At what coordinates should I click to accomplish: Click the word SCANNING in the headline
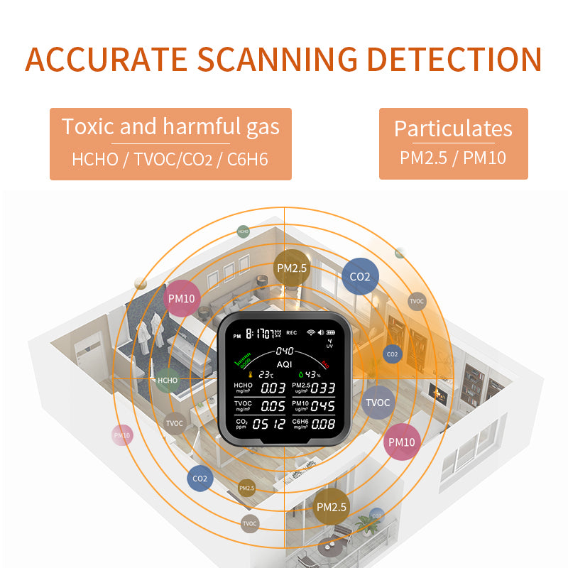(288, 60)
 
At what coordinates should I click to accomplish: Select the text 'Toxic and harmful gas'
(170, 127)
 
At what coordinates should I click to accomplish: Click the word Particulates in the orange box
(453, 129)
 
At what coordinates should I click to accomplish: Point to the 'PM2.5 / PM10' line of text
(453, 158)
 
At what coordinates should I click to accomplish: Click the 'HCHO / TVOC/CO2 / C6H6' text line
(170, 158)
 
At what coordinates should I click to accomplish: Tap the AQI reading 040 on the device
(285, 351)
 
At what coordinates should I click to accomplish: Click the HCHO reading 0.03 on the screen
(273, 388)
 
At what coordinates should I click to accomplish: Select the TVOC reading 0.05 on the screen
(273, 406)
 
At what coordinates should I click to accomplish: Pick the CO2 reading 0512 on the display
(269, 425)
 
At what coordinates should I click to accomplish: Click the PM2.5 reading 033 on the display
(323, 388)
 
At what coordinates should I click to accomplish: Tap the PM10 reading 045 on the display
(323, 406)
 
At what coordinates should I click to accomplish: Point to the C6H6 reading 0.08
(323, 425)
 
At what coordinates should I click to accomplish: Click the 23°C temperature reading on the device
(265, 373)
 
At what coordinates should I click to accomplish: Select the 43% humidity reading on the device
(312, 373)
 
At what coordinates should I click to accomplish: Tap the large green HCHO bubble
(168, 380)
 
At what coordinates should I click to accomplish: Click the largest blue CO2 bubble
(360, 276)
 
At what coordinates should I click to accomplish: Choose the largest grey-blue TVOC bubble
(378, 403)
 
